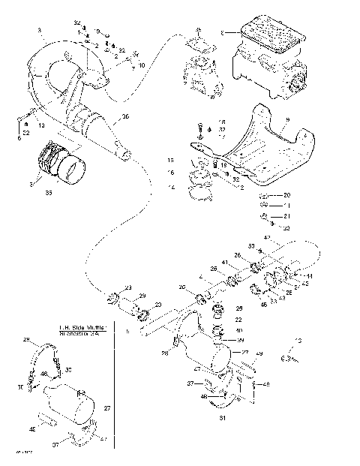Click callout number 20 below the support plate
pyautogui.click(x=286, y=194)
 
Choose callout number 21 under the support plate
pyautogui.click(x=286, y=215)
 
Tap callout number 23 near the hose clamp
pyautogui.click(x=127, y=287)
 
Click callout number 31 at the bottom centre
pyautogui.click(x=222, y=416)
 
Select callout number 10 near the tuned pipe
pyautogui.click(x=142, y=65)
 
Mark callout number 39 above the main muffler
pyautogui.click(x=241, y=340)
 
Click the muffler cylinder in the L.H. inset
pyautogui.click(x=71, y=403)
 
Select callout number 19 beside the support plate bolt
pyautogui.click(x=223, y=164)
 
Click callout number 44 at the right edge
pyautogui.click(x=310, y=276)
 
